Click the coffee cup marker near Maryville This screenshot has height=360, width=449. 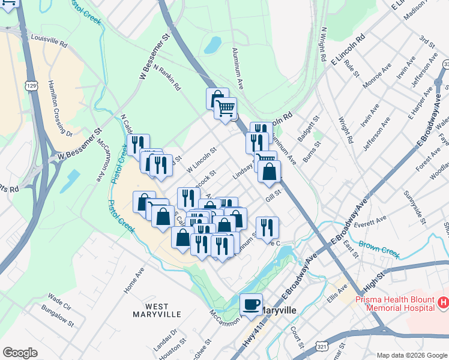pos(252,304)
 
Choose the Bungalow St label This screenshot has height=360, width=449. pos(58,315)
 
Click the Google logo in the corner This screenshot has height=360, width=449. pos(20,352)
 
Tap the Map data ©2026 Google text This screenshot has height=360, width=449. pos(411,355)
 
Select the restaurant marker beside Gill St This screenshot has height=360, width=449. pos(267,227)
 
